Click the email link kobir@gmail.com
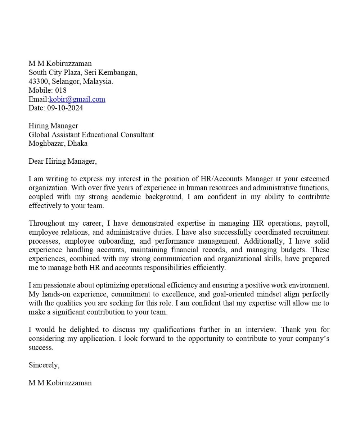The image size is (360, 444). coord(77,99)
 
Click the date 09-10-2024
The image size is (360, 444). coord(65,108)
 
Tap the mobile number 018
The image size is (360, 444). coord(61,90)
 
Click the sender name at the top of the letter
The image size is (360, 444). coord(60,64)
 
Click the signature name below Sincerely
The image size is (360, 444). coord(60,383)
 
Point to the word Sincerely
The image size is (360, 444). coord(44,365)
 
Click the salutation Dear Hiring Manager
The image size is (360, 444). coord(63,161)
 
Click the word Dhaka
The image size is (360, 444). coord(78,144)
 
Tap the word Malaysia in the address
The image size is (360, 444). coord(98,81)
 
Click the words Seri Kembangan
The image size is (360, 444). coord(111,72)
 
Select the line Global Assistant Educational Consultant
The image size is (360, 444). coord(91,135)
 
